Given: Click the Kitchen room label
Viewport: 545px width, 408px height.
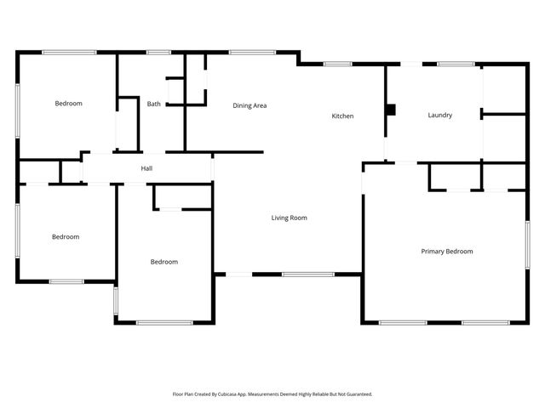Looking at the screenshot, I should coord(342,116).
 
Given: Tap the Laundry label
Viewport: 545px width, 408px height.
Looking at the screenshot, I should coord(439,115).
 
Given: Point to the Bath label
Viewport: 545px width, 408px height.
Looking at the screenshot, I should coord(153,105).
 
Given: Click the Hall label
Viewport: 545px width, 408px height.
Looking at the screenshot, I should coord(146,169).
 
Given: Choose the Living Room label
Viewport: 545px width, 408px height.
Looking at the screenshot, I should coord(289,218).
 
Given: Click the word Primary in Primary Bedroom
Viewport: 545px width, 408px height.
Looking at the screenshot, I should coord(434,252).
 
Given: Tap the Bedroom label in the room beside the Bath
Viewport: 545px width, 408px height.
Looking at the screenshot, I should coord(68,104).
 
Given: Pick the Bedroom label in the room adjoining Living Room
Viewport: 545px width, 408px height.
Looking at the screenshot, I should coord(163,262).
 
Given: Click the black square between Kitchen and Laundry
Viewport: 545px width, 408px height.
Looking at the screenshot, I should coord(391,110).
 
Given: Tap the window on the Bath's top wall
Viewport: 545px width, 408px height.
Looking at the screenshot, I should coord(158,53).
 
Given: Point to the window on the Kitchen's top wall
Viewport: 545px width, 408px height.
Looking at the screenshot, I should coord(337,63).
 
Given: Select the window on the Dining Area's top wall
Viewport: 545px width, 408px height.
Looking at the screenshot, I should coord(246,53).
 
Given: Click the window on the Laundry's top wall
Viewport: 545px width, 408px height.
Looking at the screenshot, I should coord(456,63).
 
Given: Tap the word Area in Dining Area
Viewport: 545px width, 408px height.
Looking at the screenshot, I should coord(261,105).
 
